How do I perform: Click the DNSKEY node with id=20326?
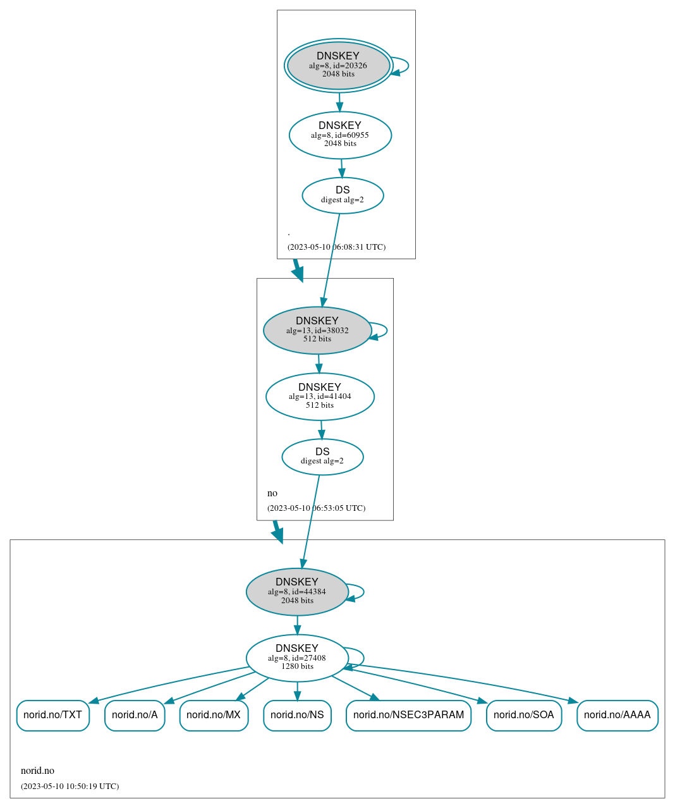point(338,65)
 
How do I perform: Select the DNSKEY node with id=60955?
point(340,135)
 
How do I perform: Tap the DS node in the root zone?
point(343,195)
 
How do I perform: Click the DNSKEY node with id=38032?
point(317,330)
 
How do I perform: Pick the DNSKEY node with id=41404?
point(320,396)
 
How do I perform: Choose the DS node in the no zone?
point(322,456)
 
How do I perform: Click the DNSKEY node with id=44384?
point(297,592)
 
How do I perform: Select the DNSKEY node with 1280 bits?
point(297,658)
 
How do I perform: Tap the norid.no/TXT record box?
point(53,715)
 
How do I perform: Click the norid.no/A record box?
point(135,715)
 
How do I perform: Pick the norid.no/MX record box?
point(214,715)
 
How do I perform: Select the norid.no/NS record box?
point(297,715)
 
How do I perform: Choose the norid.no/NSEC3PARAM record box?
point(408,715)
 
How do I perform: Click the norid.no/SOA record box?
point(524,715)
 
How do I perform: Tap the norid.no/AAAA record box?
point(617,715)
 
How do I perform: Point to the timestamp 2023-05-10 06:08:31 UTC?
point(336,247)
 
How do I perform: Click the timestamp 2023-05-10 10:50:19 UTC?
point(70,786)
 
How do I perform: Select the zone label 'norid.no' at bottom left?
point(37,770)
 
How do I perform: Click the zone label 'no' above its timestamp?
point(272,493)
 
